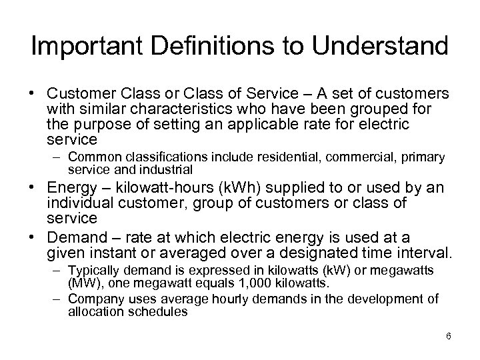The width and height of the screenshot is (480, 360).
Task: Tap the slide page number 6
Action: tap(449, 336)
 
